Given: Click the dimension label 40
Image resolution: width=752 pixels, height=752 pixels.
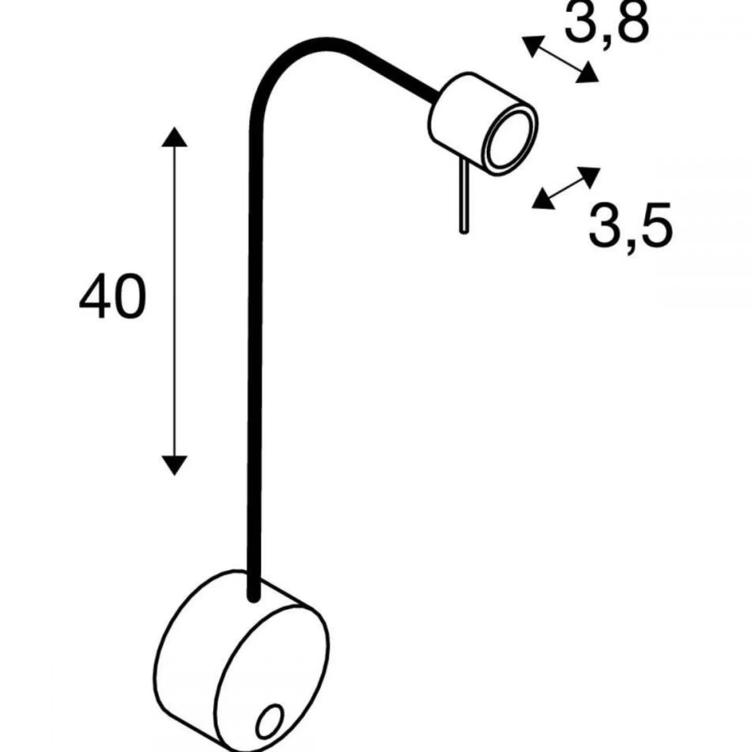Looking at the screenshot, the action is click(x=112, y=296).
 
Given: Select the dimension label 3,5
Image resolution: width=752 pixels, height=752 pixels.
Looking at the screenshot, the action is click(x=630, y=225).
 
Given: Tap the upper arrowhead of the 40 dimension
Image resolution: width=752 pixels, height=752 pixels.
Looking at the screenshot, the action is click(x=174, y=136).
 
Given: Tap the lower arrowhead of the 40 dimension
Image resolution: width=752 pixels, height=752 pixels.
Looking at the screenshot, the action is click(x=174, y=465).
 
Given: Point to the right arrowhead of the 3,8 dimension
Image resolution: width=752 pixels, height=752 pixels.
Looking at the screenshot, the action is click(x=587, y=73).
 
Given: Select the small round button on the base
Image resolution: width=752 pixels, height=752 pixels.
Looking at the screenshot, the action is click(x=270, y=721).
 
